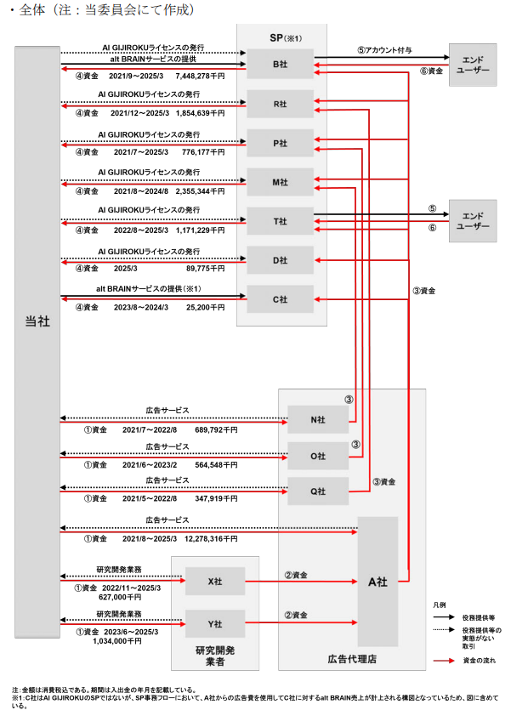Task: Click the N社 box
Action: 318,419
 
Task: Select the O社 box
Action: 318,457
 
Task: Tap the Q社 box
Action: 318,491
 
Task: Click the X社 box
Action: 215,582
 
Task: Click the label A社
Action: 378,582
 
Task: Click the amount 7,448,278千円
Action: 201,74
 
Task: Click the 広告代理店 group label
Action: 351,658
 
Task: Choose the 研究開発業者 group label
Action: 215,656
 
